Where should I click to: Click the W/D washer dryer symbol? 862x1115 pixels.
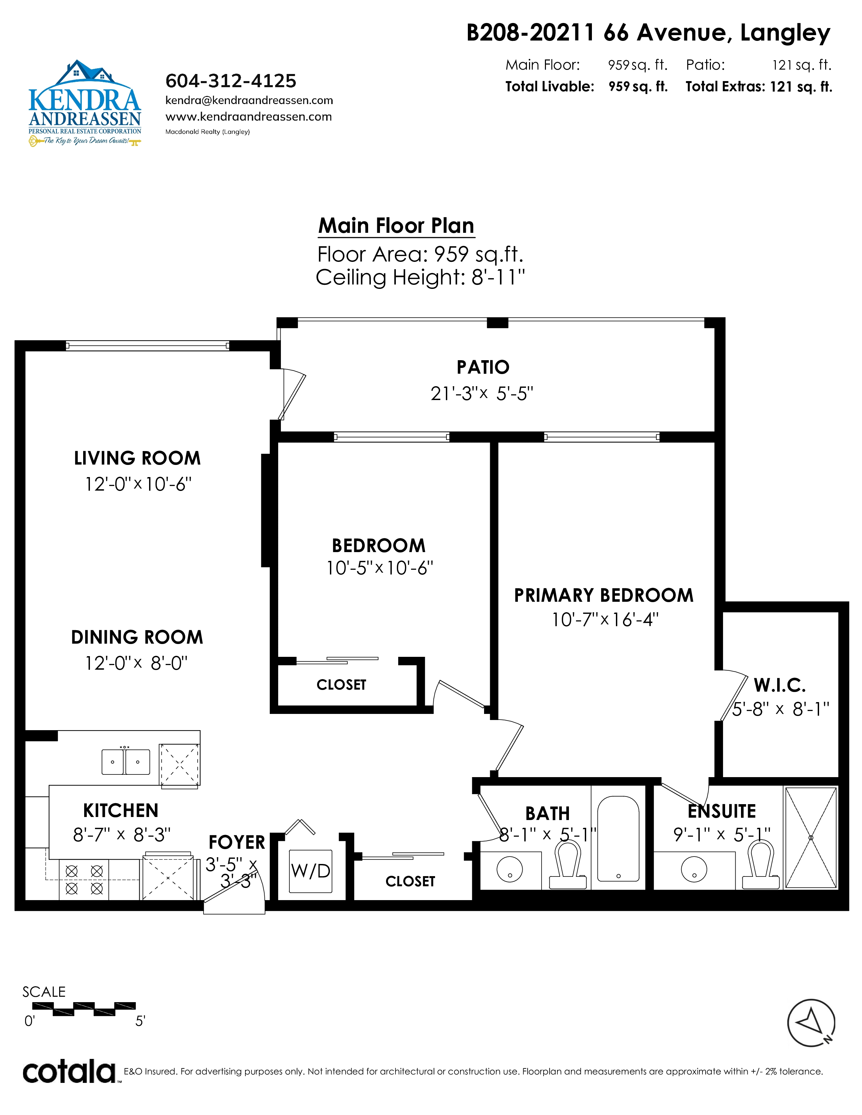click(310, 871)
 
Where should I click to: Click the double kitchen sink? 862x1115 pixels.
click(126, 762)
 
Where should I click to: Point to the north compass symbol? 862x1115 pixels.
click(811, 1023)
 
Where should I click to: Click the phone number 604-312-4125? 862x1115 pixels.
click(231, 81)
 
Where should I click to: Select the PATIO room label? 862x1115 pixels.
click(483, 367)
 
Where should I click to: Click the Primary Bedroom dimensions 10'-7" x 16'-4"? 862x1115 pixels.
click(605, 620)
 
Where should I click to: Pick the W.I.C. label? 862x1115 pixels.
click(780, 685)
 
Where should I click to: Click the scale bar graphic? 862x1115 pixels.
click(84, 1009)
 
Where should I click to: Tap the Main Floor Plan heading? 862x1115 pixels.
click(396, 226)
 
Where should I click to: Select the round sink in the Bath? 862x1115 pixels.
click(510, 869)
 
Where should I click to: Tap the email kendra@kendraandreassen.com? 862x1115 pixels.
click(249, 101)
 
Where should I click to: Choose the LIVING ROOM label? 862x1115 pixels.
click(137, 458)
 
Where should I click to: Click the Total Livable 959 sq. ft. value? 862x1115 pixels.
click(638, 87)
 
